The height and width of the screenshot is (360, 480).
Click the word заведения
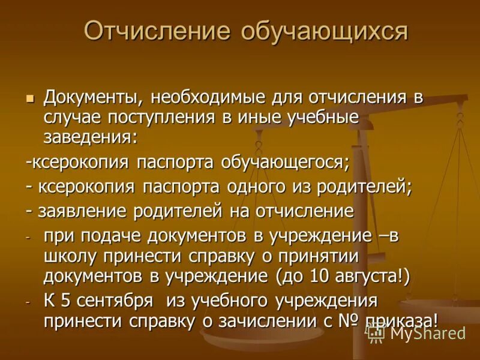(x=91, y=137)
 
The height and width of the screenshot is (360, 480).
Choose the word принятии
(x=319, y=256)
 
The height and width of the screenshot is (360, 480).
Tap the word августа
(x=361, y=277)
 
